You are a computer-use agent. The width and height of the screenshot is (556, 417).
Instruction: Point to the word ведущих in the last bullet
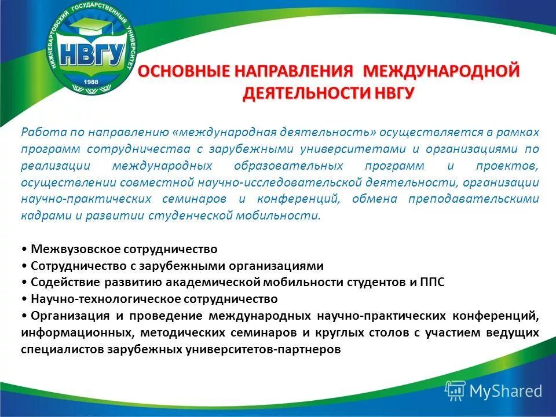point(515,333)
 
